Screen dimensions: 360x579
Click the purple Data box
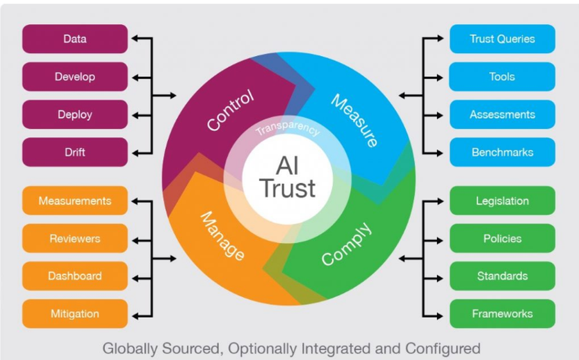[x=75, y=39]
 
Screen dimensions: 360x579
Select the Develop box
[x=75, y=76]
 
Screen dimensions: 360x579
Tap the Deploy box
[x=75, y=115]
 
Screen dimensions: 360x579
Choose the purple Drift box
[x=75, y=152]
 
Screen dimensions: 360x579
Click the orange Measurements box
[x=75, y=201]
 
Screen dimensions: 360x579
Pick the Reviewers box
[x=75, y=238]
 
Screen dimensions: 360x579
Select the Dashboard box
[x=75, y=276]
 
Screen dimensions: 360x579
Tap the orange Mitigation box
[x=75, y=314]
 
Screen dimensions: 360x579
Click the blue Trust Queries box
[x=502, y=39]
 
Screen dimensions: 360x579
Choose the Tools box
[x=502, y=76]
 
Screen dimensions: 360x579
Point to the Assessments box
[x=502, y=115]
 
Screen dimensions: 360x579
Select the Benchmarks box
[x=502, y=152]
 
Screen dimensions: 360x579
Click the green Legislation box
[x=502, y=201]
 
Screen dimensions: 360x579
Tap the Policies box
[x=502, y=238]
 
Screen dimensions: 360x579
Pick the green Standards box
[x=502, y=276]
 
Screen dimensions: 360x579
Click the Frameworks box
[x=502, y=314]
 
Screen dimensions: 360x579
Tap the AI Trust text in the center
[x=288, y=178]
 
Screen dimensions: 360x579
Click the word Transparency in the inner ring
[x=288, y=128]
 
